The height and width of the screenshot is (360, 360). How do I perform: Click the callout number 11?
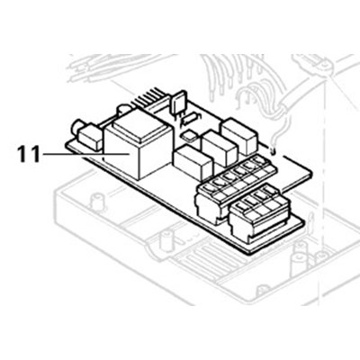(28, 154)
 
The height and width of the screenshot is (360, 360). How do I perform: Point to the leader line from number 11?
(86, 154)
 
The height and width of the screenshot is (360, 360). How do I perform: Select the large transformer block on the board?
(139, 143)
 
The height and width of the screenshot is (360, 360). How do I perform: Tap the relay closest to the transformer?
(193, 162)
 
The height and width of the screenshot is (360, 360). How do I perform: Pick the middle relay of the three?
(220, 148)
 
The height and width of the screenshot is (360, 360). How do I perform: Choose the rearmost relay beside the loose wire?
(239, 135)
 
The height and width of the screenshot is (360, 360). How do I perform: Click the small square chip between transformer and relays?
(190, 136)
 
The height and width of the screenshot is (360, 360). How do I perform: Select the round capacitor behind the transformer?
(124, 110)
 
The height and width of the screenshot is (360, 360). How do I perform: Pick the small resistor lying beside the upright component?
(190, 119)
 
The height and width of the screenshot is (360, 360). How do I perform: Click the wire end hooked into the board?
(273, 149)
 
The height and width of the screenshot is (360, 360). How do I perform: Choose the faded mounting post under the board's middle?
(166, 239)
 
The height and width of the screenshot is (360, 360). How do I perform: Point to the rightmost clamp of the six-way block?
(258, 161)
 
